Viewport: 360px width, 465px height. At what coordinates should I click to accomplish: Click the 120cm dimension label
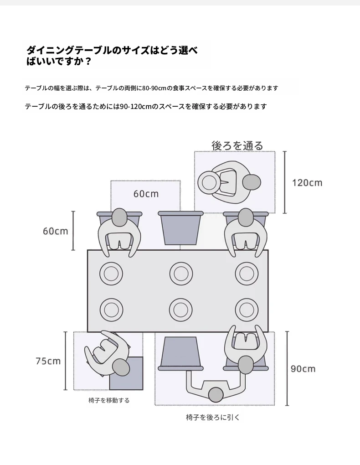click(307, 183)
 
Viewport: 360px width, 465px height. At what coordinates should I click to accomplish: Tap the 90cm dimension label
click(303, 368)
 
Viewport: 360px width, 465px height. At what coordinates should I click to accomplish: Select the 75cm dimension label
click(48, 361)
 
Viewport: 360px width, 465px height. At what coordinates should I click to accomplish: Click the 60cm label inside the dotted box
click(146, 194)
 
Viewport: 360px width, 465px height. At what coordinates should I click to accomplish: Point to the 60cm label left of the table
click(55, 231)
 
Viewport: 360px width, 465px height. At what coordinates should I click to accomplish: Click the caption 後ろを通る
click(237, 145)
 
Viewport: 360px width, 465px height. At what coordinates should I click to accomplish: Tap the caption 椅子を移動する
click(109, 400)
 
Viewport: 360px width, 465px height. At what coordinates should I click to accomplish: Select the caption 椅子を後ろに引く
click(212, 417)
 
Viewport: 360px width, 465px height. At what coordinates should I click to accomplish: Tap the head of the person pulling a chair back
click(216, 394)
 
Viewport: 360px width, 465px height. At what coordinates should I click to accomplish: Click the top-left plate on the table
click(111, 274)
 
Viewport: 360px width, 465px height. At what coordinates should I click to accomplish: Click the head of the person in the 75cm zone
click(121, 367)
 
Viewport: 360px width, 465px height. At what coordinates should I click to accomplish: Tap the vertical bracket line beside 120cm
click(285, 182)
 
